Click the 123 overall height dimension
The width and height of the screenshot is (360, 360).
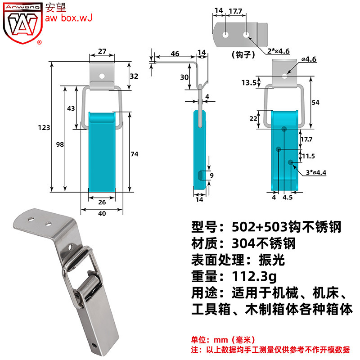44,127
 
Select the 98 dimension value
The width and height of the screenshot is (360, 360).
60,144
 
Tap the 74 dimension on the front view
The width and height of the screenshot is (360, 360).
134,154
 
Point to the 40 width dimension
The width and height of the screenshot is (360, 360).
102,213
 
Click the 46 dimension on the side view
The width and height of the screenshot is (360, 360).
175,54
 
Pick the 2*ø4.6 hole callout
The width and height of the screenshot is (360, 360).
278,51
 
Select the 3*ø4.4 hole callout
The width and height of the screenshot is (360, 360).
316,172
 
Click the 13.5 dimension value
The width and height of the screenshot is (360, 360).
249,82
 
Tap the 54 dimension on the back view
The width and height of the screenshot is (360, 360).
315,103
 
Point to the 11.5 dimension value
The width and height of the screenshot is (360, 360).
308,156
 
